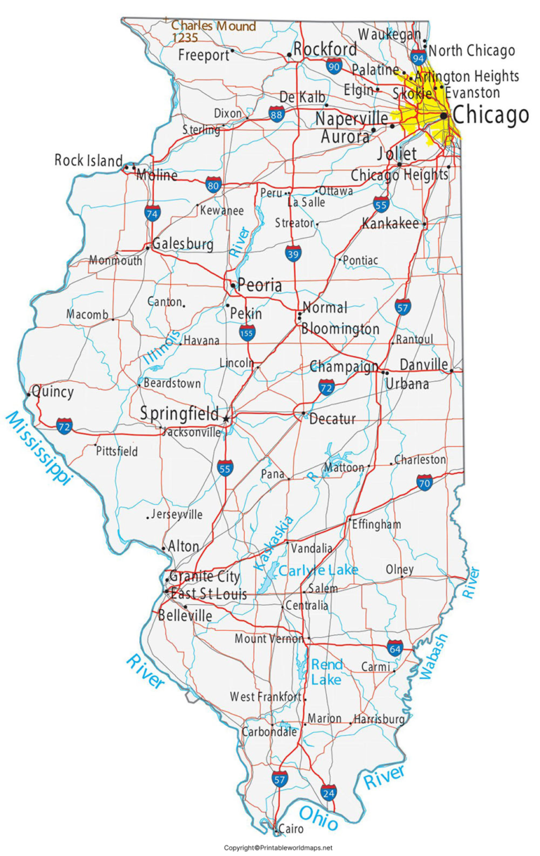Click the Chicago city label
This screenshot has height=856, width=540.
click(490, 115)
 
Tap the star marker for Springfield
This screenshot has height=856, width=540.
click(226, 419)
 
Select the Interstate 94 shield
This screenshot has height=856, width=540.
click(419, 57)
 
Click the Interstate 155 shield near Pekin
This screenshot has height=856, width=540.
click(247, 332)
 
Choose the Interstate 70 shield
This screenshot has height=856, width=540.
click(424, 483)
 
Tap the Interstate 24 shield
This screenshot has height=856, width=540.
click(328, 792)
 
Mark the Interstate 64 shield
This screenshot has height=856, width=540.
click(395, 649)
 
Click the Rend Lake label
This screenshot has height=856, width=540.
click(327, 672)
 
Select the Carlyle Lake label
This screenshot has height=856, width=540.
click(318, 570)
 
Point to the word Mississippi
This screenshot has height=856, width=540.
click(39, 448)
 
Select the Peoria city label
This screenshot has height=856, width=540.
click(259, 286)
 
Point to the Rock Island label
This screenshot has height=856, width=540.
click(89, 161)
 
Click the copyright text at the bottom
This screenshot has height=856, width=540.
click(278, 848)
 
